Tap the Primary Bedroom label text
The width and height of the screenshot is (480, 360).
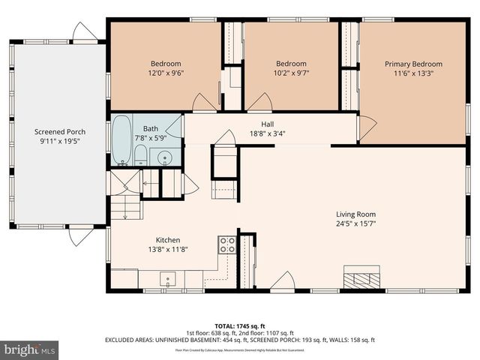tap(413, 64)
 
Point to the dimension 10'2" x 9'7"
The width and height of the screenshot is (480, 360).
tap(290, 74)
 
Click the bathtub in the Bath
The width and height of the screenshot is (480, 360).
tap(121, 139)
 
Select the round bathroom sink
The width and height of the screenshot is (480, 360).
tap(166, 157)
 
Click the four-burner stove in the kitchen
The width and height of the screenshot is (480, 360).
tap(227, 244)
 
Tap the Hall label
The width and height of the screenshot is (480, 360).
tap(267, 124)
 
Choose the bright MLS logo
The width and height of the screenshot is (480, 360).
tap(29, 349)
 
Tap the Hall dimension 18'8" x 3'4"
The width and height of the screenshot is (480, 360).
tap(267, 134)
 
